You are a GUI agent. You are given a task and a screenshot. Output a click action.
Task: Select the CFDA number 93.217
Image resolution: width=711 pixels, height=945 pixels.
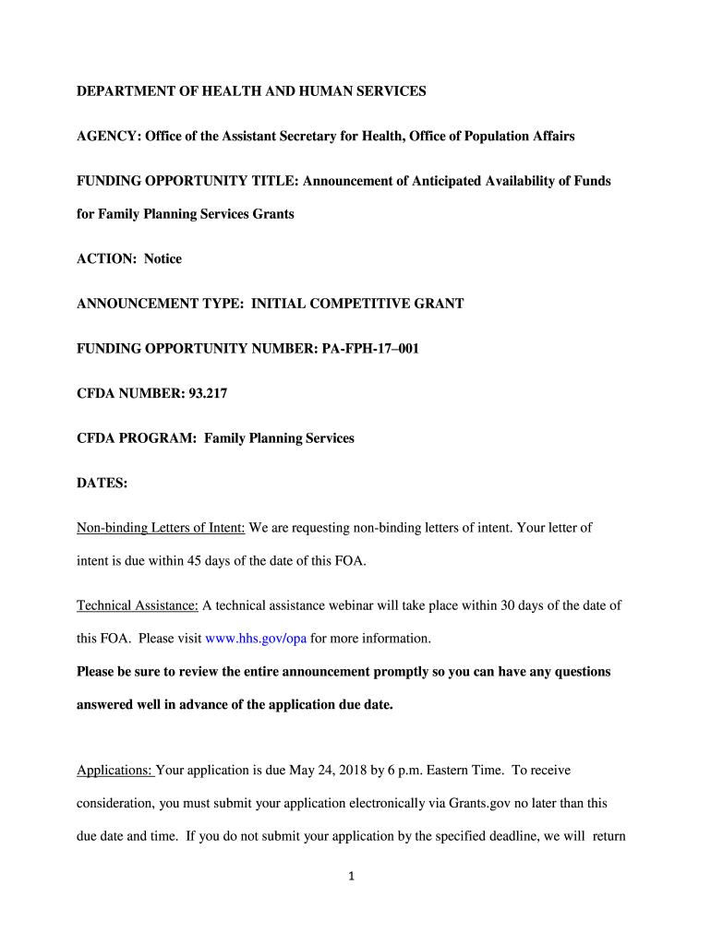[x=208, y=393]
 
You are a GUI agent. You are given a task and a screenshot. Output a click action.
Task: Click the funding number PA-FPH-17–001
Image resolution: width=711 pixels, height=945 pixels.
[x=355, y=348]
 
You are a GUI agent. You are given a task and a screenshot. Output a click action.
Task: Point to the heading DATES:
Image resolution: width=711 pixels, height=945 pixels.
[x=102, y=483]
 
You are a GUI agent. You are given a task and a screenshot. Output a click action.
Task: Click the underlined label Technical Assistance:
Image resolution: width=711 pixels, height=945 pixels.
[x=138, y=605]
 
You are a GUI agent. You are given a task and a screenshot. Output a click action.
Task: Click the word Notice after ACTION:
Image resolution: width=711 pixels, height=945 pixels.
[x=163, y=258]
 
